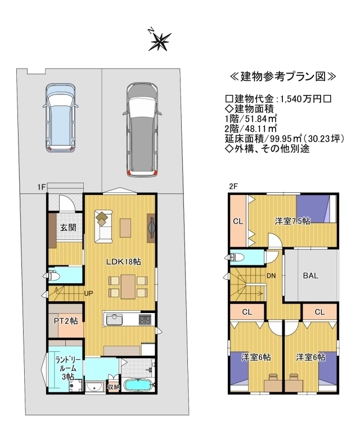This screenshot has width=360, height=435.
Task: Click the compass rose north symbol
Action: point(159,41)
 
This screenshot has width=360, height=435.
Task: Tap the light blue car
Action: point(61,117)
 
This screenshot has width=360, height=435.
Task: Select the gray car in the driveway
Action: point(142,130)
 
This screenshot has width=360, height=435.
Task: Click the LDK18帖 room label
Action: point(124,261)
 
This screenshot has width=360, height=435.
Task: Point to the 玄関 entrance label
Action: point(68,228)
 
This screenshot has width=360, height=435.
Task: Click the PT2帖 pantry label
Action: point(66,321)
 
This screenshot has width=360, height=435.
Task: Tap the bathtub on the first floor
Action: point(138,386)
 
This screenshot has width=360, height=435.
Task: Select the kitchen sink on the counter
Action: point(114,320)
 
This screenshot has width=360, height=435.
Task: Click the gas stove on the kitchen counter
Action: point(145,320)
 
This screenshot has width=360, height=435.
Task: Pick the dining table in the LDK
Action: point(128,287)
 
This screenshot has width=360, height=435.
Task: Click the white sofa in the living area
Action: point(103,226)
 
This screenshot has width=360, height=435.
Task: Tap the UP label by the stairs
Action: point(88,293)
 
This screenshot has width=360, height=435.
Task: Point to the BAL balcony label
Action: point(310,275)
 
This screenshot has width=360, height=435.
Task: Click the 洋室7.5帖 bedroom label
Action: point(292,221)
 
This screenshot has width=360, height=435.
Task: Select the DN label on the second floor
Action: point(271,276)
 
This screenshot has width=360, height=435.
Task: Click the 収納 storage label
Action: point(113,387)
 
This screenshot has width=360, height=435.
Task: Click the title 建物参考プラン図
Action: point(283,76)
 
